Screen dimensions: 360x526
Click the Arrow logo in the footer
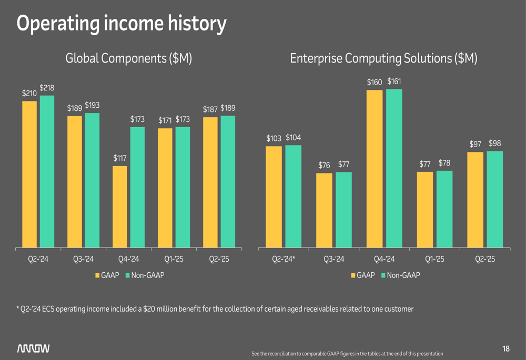(x=34, y=348)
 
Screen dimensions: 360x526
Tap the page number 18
(x=506, y=348)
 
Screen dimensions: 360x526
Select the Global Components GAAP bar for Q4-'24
(x=120, y=207)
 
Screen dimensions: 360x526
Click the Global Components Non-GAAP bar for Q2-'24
(x=47, y=171)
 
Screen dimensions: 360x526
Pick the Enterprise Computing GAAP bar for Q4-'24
(x=375, y=168)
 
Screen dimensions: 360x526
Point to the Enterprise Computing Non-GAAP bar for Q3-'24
(x=343, y=209)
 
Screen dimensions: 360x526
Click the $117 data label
(x=120, y=158)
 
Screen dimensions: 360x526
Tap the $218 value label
(x=47, y=88)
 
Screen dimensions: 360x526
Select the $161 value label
(x=394, y=81)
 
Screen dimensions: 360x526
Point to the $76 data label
(x=324, y=166)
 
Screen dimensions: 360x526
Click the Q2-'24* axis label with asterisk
(x=284, y=259)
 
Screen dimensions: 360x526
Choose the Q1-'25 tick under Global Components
(x=173, y=259)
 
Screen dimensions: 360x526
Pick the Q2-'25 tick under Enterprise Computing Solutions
(x=485, y=259)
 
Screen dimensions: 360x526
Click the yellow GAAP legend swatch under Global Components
(x=98, y=275)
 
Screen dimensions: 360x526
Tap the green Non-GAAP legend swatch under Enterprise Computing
(x=383, y=275)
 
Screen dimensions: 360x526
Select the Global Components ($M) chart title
(x=128, y=58)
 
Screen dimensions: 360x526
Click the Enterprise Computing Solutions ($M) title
(x=383, y=58)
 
